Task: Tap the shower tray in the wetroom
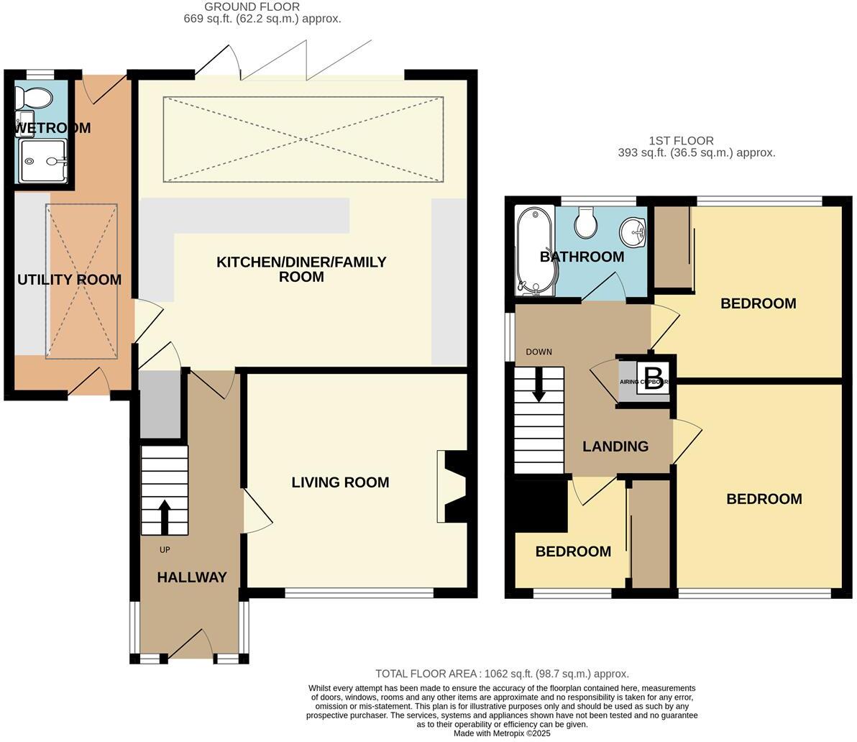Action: pyautogui.click(x=44, y=160)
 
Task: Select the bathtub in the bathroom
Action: pyautogui.click(x=533, y=252)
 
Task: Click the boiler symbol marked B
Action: pyautogui.click(x=654, y=377)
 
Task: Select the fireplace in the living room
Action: pyautogui.click(x=452, y=486)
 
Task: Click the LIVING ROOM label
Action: pyautogui.click(x=340, y=482)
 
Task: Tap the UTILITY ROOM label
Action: pyautogui.click(x=69, y=280)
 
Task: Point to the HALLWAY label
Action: pyautogui.click(x=192, y=577)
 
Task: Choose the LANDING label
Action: pyautogui.click(x=615, y=446)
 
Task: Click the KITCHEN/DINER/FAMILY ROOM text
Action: pyautogui.click(x=301, y=269)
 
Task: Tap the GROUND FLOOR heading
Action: pyautogui.click(x=252, y=7)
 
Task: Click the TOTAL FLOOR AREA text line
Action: pyautogui.click(x=502, y=674)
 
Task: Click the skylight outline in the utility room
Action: pyautogui.click(x=81, y=281)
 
